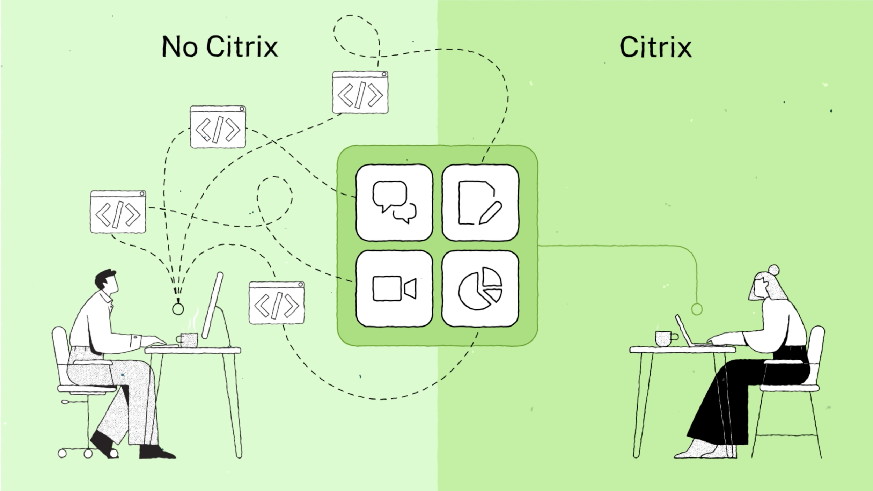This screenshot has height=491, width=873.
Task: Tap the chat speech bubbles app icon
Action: [x=394, y=203]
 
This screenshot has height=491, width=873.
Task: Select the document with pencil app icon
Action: [x=480, y=203]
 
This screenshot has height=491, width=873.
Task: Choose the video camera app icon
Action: [x=394, y=289]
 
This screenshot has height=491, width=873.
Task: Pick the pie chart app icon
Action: [x=480, y=289]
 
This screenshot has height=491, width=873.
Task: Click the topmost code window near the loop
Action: [x=360, y=93]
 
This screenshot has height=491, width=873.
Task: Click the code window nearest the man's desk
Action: [x=277, y=303]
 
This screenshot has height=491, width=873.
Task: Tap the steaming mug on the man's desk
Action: [x=189, y=340]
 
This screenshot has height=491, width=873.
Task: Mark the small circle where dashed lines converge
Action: [x=178, y=309]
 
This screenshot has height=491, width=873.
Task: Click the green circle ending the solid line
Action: [x=697, y=309]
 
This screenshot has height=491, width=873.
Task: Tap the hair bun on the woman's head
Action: [x=774, y=270]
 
